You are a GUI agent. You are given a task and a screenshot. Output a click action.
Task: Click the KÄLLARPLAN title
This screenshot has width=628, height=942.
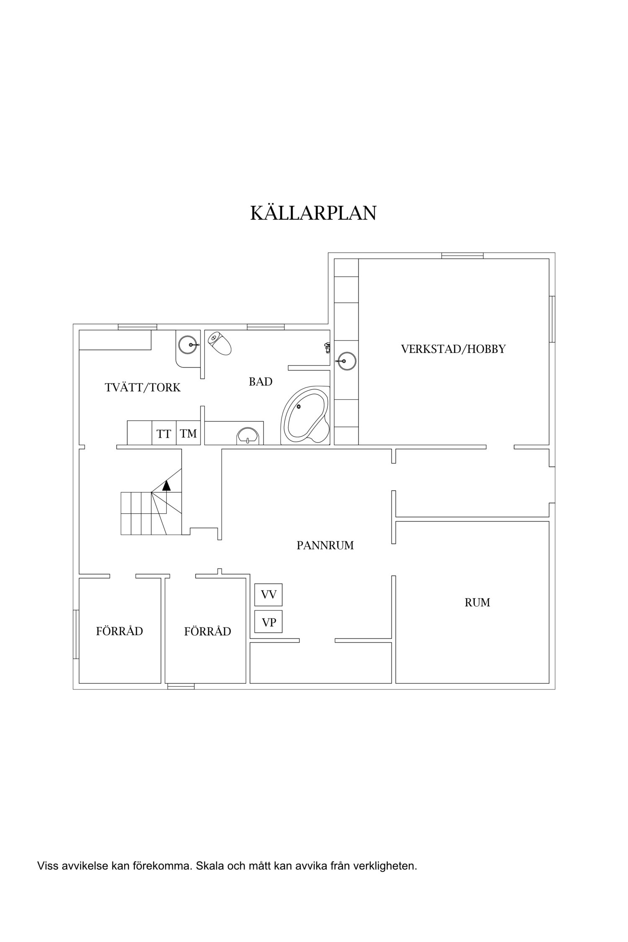click(313, 213)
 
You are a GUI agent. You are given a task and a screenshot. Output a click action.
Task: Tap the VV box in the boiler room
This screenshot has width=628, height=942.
click(268, 595)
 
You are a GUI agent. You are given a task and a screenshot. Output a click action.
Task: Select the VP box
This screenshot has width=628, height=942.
click(268, 622)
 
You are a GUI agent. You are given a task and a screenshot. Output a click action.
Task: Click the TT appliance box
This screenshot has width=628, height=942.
click(164, 434)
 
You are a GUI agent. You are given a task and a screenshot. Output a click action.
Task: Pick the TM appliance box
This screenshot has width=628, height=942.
click(188, 434)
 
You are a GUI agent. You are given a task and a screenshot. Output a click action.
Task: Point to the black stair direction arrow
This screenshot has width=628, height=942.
click(167, 485)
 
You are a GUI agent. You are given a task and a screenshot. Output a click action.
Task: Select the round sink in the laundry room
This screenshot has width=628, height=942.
click(187, 345)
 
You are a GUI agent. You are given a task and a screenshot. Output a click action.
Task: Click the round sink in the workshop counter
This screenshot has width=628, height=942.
click(346, 360)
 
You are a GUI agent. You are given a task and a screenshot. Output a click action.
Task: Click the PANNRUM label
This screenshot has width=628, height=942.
click(325, 546)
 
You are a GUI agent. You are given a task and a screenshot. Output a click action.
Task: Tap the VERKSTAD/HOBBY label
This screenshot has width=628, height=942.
click(453, 349)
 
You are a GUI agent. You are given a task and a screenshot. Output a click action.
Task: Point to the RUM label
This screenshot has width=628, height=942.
click(477, 602)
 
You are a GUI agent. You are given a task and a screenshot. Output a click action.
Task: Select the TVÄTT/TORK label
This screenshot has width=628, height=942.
click(143, 388)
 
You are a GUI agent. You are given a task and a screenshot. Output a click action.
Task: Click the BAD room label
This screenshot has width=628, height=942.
click(260, 382)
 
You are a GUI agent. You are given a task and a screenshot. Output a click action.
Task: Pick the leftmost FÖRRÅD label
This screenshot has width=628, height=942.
click(119, 631)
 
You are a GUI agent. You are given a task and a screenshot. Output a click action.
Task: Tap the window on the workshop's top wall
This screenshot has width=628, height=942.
click(462, 255)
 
